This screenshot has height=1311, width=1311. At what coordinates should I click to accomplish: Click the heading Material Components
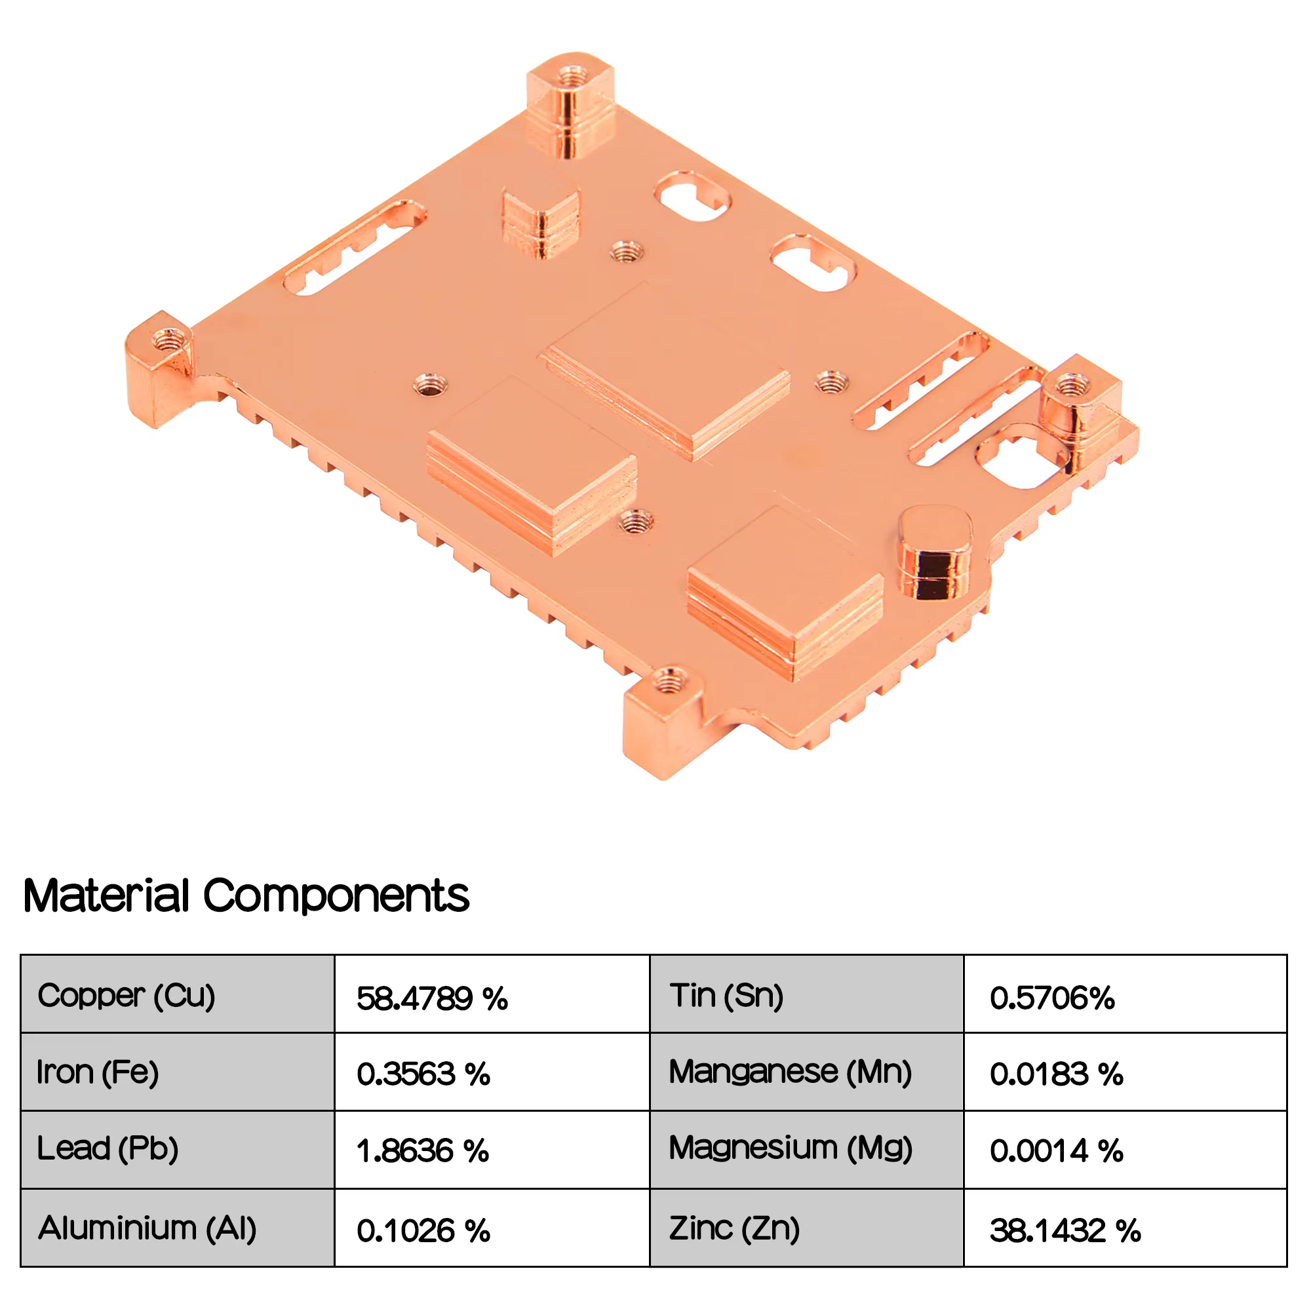pos(246,895)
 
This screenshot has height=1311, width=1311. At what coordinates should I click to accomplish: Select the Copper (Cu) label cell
pos(178,994)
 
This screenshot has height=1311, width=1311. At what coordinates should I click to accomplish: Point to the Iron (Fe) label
pos(98,1072)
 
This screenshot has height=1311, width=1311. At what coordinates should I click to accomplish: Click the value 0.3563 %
pos(423,1074)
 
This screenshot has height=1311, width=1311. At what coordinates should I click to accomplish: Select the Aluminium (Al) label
pos(147,1228)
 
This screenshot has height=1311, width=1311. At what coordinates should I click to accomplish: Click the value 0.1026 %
pos(423,1230)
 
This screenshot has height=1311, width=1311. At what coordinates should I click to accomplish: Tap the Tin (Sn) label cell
pos(807,994)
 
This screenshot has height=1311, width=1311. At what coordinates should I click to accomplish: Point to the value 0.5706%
pos(1053,998)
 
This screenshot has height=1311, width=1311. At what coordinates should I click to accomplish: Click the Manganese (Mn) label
pos(791,1072)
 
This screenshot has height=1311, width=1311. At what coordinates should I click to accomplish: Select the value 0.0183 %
pos(1057,1074)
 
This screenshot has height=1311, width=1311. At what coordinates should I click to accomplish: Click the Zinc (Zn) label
pos(735,1228)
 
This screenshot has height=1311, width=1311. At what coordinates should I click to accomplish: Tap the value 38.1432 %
pos(1065,1230)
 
